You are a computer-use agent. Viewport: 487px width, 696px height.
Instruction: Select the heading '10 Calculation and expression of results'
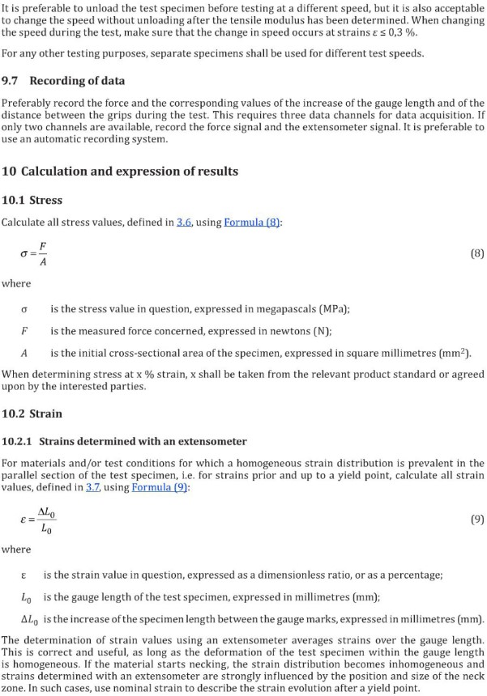coord(120,172)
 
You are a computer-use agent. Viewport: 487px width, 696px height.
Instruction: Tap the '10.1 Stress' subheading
coord(32,200)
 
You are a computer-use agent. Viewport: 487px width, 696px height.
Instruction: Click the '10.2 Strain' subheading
coord(32,414)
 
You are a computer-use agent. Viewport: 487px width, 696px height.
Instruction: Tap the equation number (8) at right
coord(477,253)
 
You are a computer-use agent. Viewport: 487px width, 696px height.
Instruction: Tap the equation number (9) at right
coord(477,520)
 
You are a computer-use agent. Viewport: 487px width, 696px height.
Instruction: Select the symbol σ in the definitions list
coord(24,309)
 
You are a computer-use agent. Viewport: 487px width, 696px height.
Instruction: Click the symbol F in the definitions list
coord(24,331)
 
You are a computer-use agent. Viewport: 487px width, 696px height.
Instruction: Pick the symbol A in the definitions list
coord(24,353)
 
